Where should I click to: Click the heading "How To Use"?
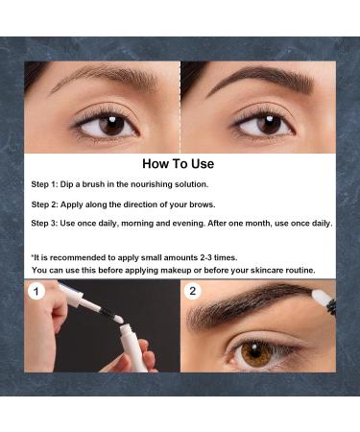(180, 163)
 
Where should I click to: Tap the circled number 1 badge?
(36, 291)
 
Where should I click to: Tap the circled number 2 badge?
(192, 291)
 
